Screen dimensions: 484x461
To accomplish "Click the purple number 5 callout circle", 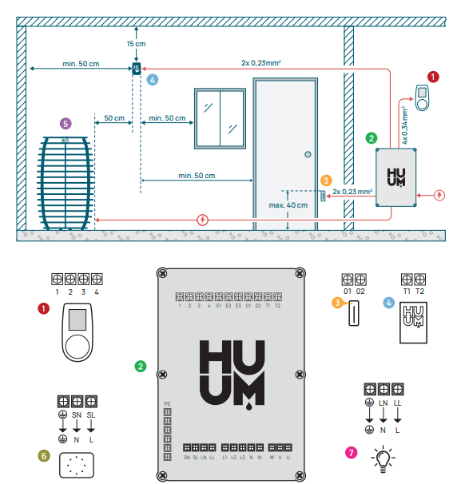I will coord(66,123).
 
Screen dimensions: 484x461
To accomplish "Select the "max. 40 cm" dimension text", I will coord(288,205).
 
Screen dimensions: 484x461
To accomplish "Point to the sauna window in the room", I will coord(220,118).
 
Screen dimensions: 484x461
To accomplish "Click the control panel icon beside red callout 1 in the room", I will coord(422,97).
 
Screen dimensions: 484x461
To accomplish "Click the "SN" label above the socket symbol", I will coord(77,415).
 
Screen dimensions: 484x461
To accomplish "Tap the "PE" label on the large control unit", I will coord(166,403).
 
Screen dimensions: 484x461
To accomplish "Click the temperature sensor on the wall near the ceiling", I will coord(136,69).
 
